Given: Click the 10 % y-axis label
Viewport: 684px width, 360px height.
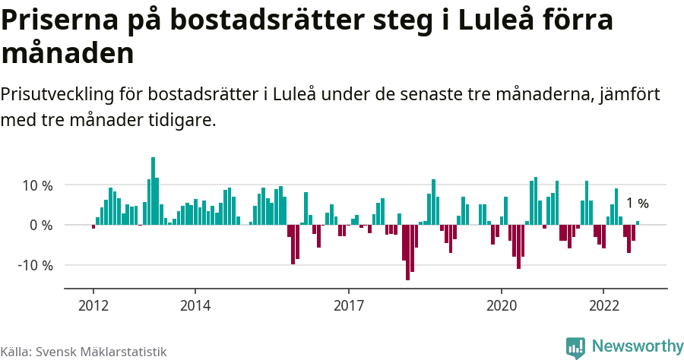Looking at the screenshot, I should [36, 185].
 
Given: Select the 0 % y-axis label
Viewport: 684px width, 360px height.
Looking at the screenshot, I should [41, 226].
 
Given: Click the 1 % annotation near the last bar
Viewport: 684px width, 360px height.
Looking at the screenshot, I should [637, 204].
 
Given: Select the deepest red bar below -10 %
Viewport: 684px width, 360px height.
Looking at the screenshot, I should [407, 252].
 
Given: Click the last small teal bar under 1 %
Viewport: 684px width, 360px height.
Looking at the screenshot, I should [638, 223].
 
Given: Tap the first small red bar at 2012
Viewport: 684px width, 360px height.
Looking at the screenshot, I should [93, 226].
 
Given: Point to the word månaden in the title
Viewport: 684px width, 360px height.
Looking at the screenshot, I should [68, 54].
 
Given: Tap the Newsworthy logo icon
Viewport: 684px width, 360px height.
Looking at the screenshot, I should [576, 347].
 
